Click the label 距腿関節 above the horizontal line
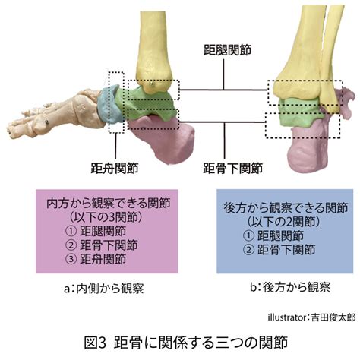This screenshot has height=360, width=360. coord(227,50)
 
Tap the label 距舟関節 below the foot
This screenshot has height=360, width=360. coord(115,168)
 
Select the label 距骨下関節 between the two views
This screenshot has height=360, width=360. coord(233,168)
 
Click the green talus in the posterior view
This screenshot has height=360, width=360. coord(298,112)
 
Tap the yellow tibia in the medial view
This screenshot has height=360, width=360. coord(153,51)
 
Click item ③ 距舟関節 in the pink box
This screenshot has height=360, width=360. coord(96,259)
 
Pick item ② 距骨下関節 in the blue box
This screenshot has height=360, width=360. coord(279,250)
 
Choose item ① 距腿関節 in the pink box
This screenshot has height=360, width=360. coord(96,231)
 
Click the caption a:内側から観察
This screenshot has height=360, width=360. coord(104,289)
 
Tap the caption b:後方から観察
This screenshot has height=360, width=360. coord(290,287)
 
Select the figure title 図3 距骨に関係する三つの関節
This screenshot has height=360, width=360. coord(185,343)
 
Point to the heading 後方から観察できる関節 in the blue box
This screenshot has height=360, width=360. coord(286,207)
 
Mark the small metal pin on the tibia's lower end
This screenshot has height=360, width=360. coord(152,84)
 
